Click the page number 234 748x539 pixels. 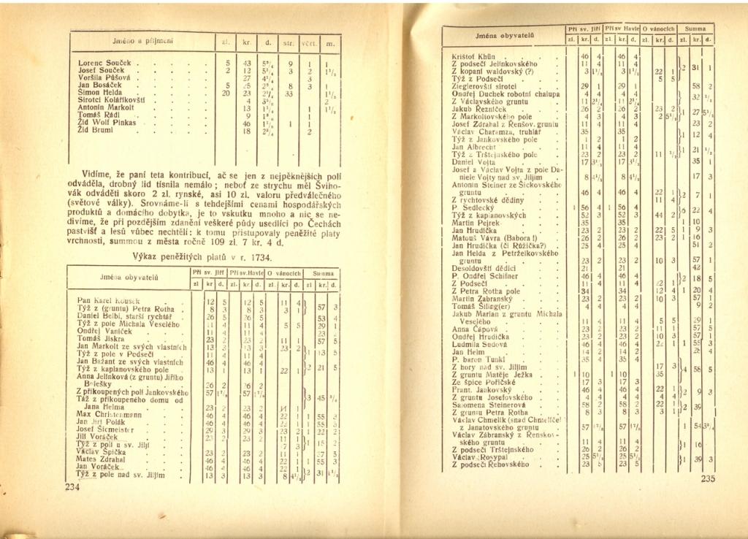click(71, 488)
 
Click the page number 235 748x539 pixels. click(706, 479)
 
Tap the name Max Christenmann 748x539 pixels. click(109, 414)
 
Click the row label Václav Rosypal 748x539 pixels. click(479, 456)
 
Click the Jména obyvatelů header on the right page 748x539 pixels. click(502, 34)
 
